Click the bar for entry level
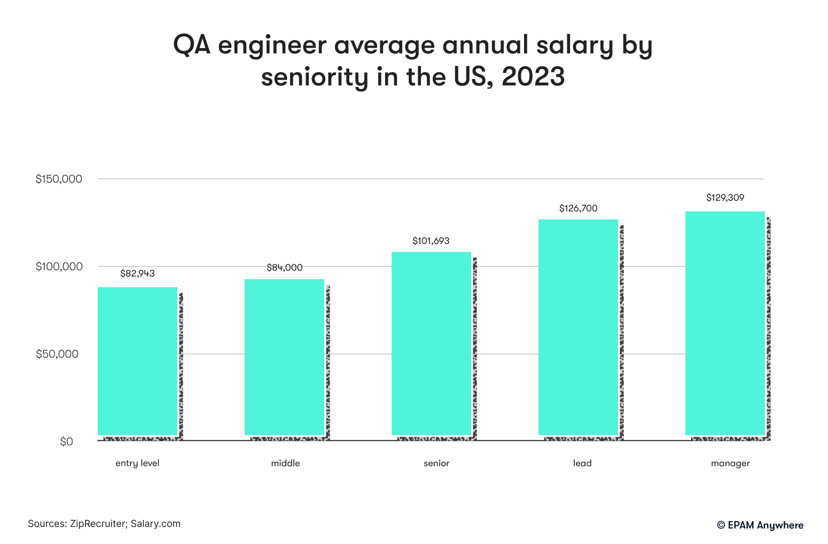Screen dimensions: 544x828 (x=137, y=361)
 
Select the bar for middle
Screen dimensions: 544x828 (x=284, y=357)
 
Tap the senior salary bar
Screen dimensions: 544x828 (x=431, y=343)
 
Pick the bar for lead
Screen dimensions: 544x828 (x=578, y=327)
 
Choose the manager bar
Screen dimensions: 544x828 (x=725, y=323)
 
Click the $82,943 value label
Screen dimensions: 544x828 (x=137, y=273)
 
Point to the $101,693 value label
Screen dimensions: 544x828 (x=431, y=241)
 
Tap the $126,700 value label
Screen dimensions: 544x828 (x=578, y=208)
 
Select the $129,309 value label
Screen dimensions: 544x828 (x=725, y=198)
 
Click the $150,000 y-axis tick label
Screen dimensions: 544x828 (x=59, y=179)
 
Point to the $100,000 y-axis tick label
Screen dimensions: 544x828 (x=59, y=266)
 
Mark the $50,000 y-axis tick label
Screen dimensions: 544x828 (x=57, y=354)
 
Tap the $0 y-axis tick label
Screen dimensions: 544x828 (x=66, y=441)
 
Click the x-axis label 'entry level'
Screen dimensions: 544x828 (x=137, y=463)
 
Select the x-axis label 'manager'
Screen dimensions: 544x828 (x=730, y=463)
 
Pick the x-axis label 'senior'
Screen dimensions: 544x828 (x=436, y=463)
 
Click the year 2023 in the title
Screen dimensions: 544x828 (x=533, y=77)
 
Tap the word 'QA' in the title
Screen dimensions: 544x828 (x=191, y=45)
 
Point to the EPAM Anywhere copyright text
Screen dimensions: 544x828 (x=760, y=525)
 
